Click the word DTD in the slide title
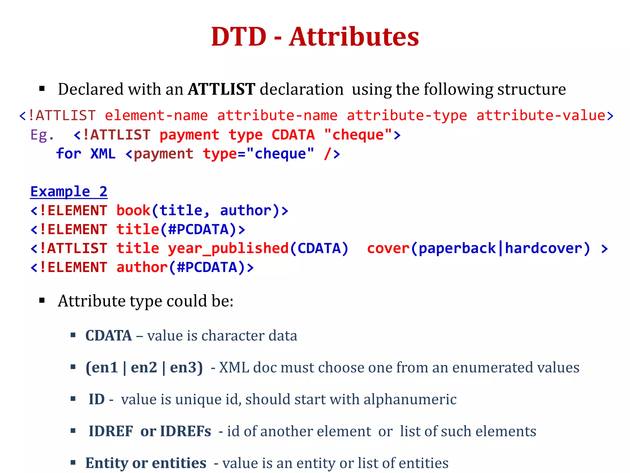(238, 37)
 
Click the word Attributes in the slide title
(354, 37)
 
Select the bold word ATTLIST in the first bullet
(221, 89)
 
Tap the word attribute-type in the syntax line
(407, 116)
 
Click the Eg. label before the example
(42, 135)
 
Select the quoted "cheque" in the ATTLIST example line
(358, 135)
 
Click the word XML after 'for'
(103, 154)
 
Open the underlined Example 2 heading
(69, 192)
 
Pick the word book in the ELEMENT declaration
(133, 211)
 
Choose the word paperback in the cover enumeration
(457, 249)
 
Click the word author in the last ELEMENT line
(142, 267)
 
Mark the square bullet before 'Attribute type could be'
(42, 301)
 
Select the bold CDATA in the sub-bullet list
(109, 336)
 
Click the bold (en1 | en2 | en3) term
(144, 367)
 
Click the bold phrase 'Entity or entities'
(146, 463)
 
